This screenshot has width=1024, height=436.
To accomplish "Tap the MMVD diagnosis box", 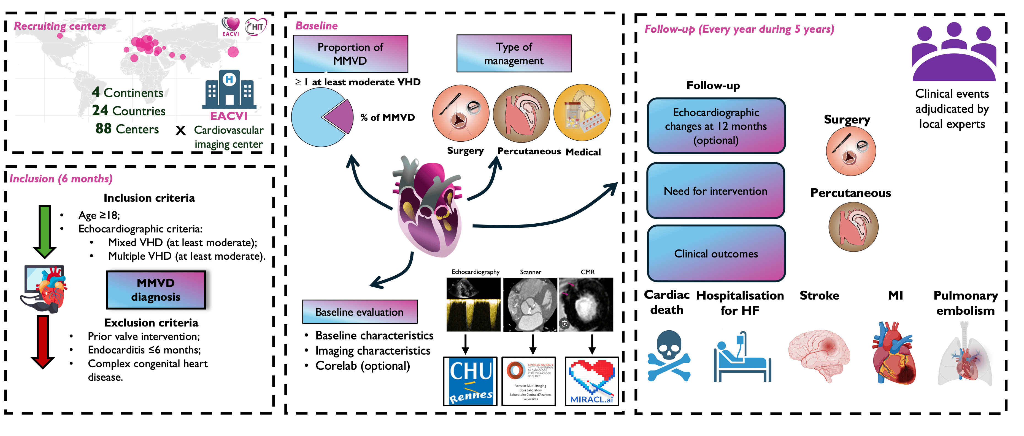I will click(x=156, y=290).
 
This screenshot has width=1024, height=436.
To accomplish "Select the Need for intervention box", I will click(x=715, y=191).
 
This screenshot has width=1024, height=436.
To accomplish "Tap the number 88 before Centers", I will click(x=103, y=129).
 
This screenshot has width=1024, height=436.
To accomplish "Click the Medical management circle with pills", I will click(x=582, y=113).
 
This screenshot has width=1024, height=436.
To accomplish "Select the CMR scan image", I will click(x=586, y=305).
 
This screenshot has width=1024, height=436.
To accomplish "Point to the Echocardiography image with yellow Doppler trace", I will click(x=474, y=305).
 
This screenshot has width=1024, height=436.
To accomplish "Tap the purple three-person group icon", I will click(x=954, y=52).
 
